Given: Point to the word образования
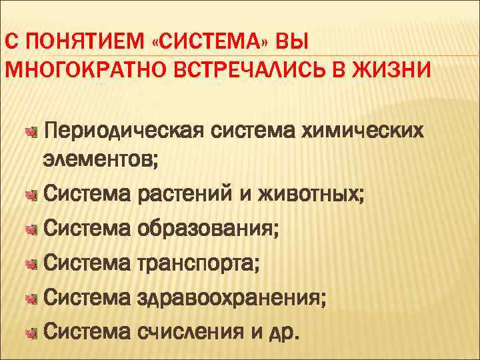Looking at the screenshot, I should coord(208,229).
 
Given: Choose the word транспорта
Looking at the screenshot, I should coord(199,264).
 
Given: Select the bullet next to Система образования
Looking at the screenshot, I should coord(29,230).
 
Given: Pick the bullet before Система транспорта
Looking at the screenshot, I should coord(29,264).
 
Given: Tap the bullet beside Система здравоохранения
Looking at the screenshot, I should coord(29,297).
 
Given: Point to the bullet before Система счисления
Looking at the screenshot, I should coord(29,331).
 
